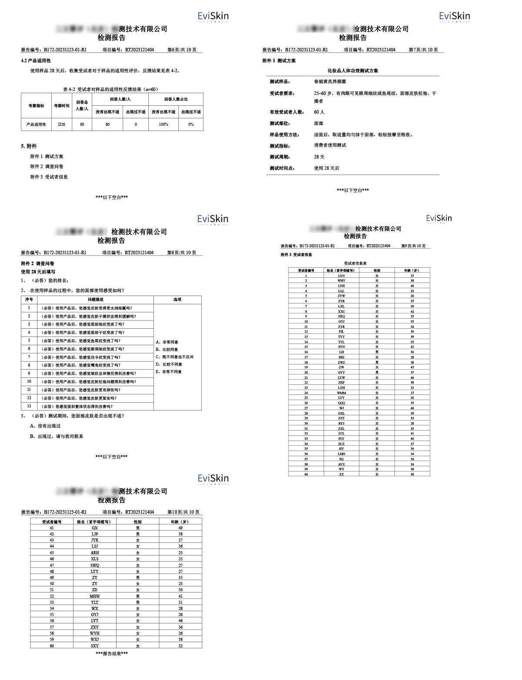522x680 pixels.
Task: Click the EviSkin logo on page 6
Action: pos(213,17)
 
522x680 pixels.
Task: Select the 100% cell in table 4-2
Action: pos(163,125)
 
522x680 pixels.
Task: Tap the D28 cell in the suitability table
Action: pos(61,125)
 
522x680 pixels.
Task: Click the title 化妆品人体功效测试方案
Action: pos(353,71)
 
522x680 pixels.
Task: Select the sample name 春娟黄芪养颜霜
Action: pos(330,81)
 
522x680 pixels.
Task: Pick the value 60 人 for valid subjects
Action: pos(319,112)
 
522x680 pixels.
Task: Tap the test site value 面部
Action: pos(318,123)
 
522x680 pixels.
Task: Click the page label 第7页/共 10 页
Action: pos(423,50)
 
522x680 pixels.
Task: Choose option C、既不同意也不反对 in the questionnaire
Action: pos(174,357)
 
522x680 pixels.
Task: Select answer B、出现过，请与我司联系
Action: pos(57,436)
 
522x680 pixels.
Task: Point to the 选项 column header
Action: pos(177,300)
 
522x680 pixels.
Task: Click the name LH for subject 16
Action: pos(341,352)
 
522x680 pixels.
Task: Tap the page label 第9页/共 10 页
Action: pos(413,246)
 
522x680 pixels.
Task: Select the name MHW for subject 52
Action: pos(94,596)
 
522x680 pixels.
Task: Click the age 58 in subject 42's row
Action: pos(181,534)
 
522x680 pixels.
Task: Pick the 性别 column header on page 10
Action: pos(137,522)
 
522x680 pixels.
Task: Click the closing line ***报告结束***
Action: pos(112,653)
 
